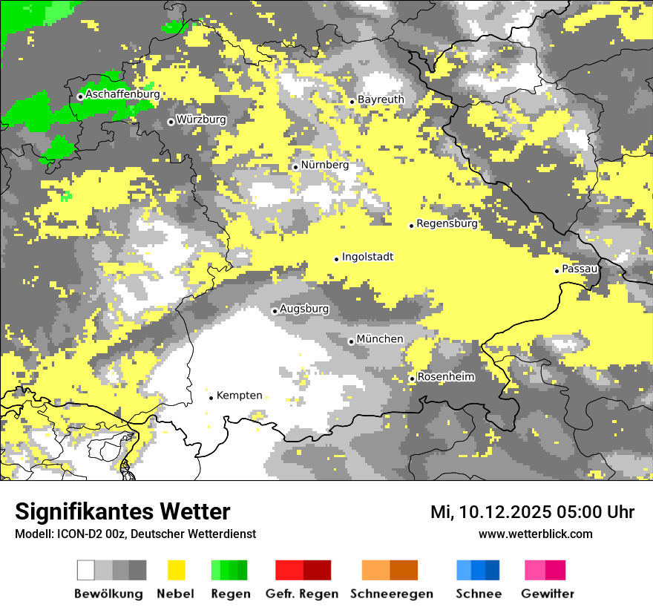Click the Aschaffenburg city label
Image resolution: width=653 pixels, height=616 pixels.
[122, 95]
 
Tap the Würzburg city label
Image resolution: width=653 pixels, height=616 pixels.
[201, 119]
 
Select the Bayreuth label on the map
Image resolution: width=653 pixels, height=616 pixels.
[381, 99]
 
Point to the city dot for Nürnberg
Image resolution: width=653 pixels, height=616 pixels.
[295, 167]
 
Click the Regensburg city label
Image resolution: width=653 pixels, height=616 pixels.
[447, 223]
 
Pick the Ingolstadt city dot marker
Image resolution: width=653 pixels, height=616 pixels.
[336, 259]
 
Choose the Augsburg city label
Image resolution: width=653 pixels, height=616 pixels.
[304, 309]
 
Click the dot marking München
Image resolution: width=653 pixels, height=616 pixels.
[351, 341]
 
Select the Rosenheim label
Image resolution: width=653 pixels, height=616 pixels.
[446, 377]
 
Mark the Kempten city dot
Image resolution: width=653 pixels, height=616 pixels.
[211, 398]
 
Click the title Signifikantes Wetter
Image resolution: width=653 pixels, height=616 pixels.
[122, 512]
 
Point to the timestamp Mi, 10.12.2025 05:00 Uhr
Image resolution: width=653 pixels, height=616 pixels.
[532, 512]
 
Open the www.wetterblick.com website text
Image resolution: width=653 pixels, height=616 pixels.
[535, 534]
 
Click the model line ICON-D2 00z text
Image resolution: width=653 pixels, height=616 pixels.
[135, 534]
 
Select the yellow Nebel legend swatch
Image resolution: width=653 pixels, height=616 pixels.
[177, 570]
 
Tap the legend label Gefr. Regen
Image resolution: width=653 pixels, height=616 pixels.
[302, 594]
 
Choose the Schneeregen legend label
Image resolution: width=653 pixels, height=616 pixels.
[391, 594]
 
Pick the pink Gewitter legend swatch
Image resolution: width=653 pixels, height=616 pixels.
[535, 570]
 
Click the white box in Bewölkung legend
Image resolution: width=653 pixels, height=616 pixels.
[86, 570]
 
